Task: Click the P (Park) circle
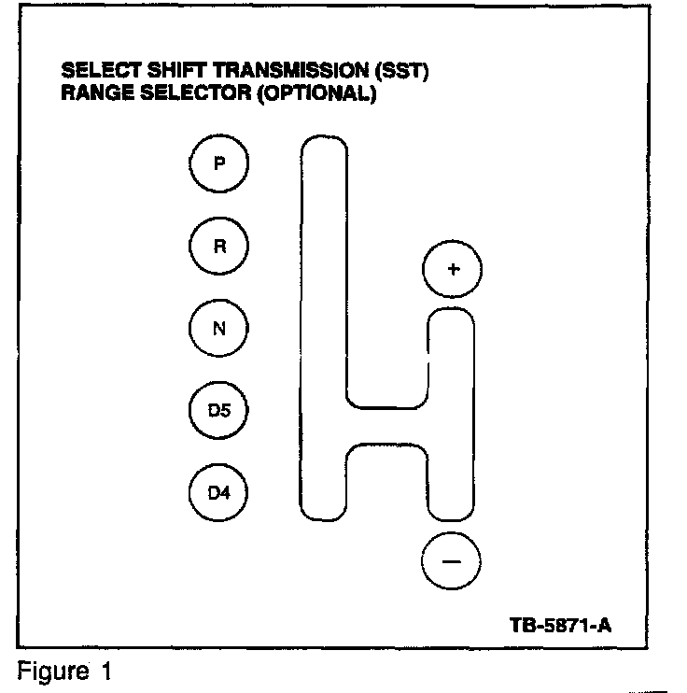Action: [219, 164]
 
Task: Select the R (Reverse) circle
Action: [219, 247]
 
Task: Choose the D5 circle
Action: [219, 410]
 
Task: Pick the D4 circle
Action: [219, 491]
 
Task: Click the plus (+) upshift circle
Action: [453, 270]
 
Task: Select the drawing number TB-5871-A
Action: [560, 625]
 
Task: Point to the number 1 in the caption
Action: [106, 672]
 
